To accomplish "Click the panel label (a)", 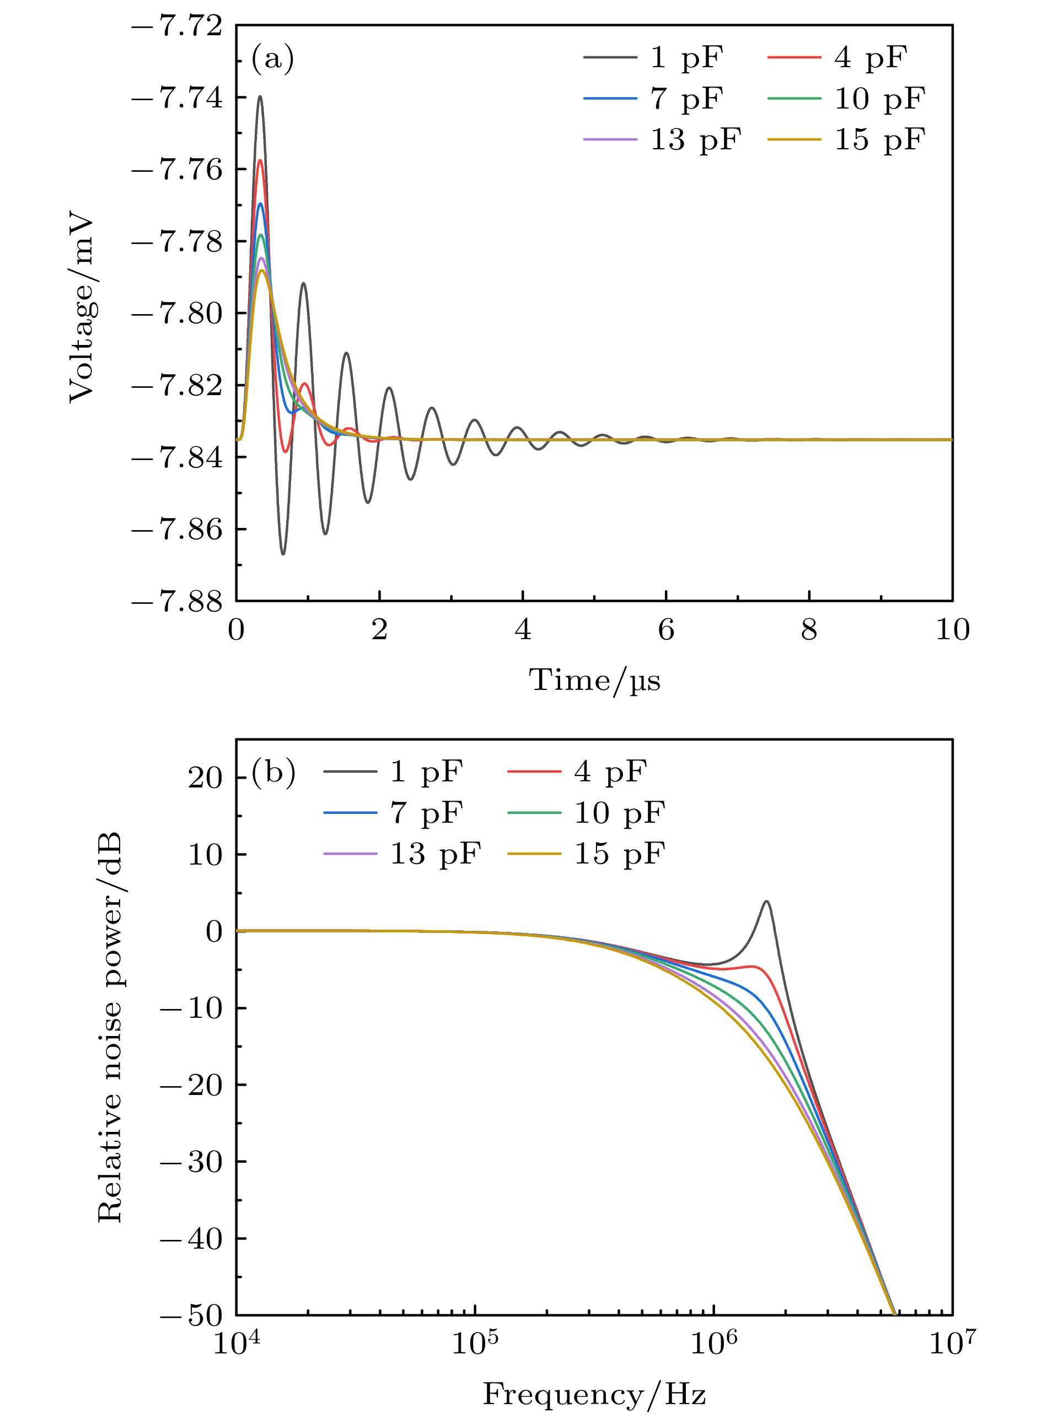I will click(x=272, y=60).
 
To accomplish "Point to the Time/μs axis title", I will click(x=594, y=681).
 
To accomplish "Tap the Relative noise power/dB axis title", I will click(x=111, y=1028).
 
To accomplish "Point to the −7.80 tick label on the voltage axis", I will click(x=178, y=314).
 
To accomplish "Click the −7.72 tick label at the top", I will click(x=178, y=26).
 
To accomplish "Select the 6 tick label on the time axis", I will click(x=666, y=630).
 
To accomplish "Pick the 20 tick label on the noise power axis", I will click(x=205, y=778).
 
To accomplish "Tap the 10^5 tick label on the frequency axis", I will click(x=474, y=1345).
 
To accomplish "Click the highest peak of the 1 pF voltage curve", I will click(x=259, y=97).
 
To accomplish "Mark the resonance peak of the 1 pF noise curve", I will click(x=767, y=902).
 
